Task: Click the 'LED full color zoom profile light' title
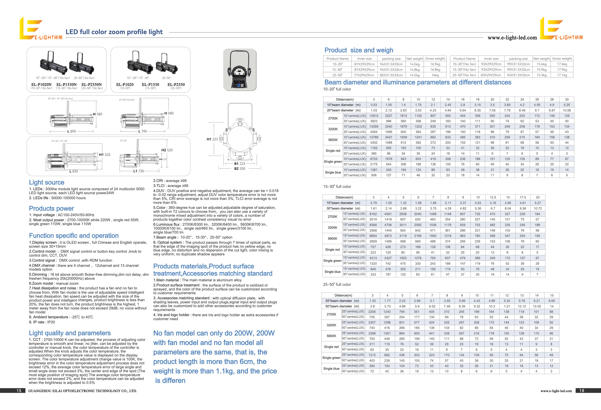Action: point(114,32)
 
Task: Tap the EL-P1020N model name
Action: point(41,84)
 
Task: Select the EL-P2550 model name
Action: point(176,84)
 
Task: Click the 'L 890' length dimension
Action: point(72,131)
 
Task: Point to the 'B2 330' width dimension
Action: point(240,169)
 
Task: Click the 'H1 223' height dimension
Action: point(212,139)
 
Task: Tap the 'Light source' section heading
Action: point(47,182)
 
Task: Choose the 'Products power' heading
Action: point(51,208)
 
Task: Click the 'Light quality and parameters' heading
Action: point(70,333)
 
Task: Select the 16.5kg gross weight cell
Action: point(435,64)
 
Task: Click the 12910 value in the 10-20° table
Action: point(374,116)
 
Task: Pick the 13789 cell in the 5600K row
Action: point(374,137)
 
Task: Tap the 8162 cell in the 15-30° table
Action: point(373,214)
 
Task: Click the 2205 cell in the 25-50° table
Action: point(372,312)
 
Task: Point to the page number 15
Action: point(19,391)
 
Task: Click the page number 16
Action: point(582,391)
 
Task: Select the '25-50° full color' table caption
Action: point(337,284)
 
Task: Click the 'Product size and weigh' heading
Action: point(359,50)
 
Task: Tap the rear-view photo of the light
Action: point(240,70)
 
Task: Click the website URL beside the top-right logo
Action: point(512,38)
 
